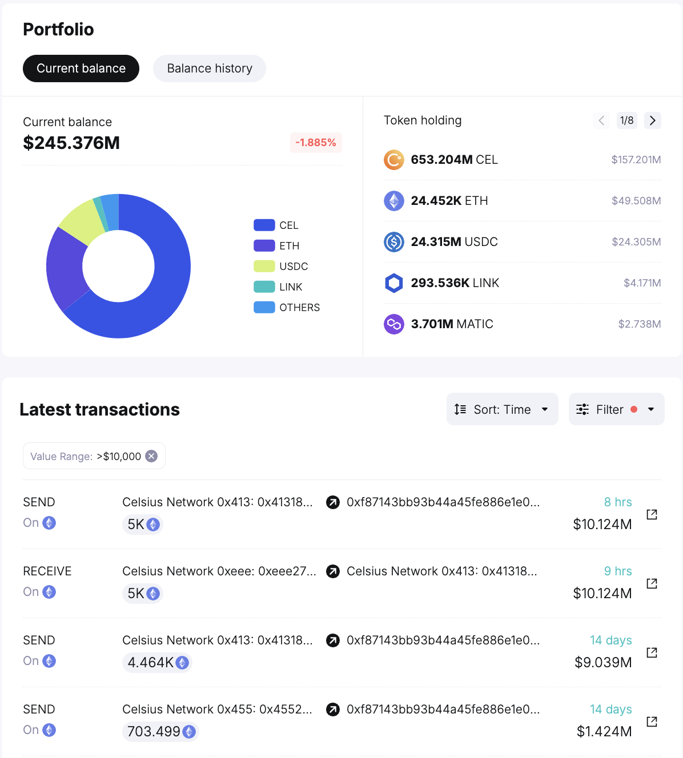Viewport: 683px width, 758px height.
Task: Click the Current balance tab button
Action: point(81,68)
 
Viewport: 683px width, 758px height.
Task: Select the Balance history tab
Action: point(210,68)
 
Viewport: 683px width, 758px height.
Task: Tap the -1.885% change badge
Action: point(316,143)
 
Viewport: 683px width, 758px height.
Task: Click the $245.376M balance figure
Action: point(71,143)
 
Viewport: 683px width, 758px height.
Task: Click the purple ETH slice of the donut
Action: point(65,268)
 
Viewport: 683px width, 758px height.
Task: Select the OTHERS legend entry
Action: point(287,308)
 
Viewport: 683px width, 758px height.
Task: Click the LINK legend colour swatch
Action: point(264,287)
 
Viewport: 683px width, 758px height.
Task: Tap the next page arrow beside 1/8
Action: point(652,120)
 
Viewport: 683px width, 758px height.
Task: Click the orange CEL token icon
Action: point(394,160)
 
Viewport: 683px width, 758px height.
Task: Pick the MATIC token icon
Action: point(394,324)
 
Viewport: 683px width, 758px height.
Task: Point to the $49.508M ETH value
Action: point(636,201)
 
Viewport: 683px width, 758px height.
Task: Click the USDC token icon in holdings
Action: point(394,242)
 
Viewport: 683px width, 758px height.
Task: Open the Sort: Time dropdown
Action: point(502,409)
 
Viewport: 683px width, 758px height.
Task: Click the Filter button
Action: point(616,409)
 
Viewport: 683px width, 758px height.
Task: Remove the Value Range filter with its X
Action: point(151,456)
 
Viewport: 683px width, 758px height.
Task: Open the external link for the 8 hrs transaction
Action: point(652,514)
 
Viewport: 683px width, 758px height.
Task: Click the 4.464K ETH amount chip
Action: point(157,663)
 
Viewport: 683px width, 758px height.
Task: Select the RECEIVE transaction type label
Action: point(47,571)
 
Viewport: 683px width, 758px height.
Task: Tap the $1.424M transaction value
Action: point(604,732)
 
